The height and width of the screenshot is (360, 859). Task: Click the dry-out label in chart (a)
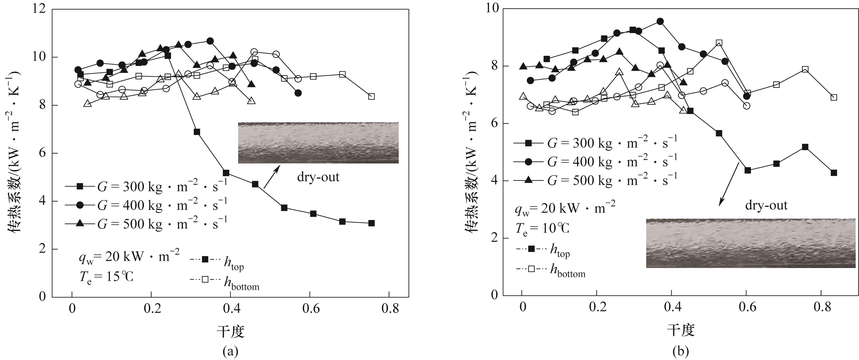(318, 177)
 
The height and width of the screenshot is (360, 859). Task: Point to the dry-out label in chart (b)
(766, 205)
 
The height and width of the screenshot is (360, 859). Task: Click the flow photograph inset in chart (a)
(318, 143)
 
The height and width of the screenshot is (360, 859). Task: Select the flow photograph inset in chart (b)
(752, 243)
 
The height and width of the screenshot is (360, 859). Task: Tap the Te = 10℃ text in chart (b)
(542, 229)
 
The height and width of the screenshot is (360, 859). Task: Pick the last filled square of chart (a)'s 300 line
(371, 223)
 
